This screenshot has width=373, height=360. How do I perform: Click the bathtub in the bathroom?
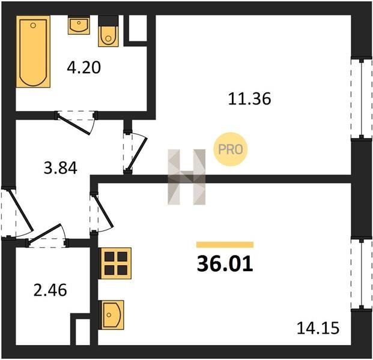coord(33,52)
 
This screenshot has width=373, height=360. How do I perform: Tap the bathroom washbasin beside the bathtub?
coord(79,25)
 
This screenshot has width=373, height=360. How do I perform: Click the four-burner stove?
coord(115,263)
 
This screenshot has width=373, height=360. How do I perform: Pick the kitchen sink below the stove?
coord(111,315)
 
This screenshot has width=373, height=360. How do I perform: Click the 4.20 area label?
coord(83,67)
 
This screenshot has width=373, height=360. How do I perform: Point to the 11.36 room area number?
coord(249,99)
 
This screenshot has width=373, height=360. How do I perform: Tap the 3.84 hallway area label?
coord(61,168)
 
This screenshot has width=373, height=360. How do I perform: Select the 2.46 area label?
coord(50,290)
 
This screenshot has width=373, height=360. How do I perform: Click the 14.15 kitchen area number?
coord(318,328)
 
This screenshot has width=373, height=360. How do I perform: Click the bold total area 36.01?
coord(225,264)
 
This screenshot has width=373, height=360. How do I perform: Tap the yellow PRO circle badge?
coord(231,149)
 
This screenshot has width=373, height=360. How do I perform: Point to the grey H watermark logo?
coord(186,177)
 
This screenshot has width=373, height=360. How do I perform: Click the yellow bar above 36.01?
coord(225,245)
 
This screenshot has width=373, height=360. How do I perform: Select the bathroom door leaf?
coord(74,125)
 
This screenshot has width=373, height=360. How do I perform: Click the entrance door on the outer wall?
coord(20,211)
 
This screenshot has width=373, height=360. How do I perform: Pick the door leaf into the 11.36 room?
coord(138,154)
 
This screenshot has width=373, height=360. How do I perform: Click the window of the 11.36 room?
coord(362,98)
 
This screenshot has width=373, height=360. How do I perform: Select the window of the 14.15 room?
coord(362,274)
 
